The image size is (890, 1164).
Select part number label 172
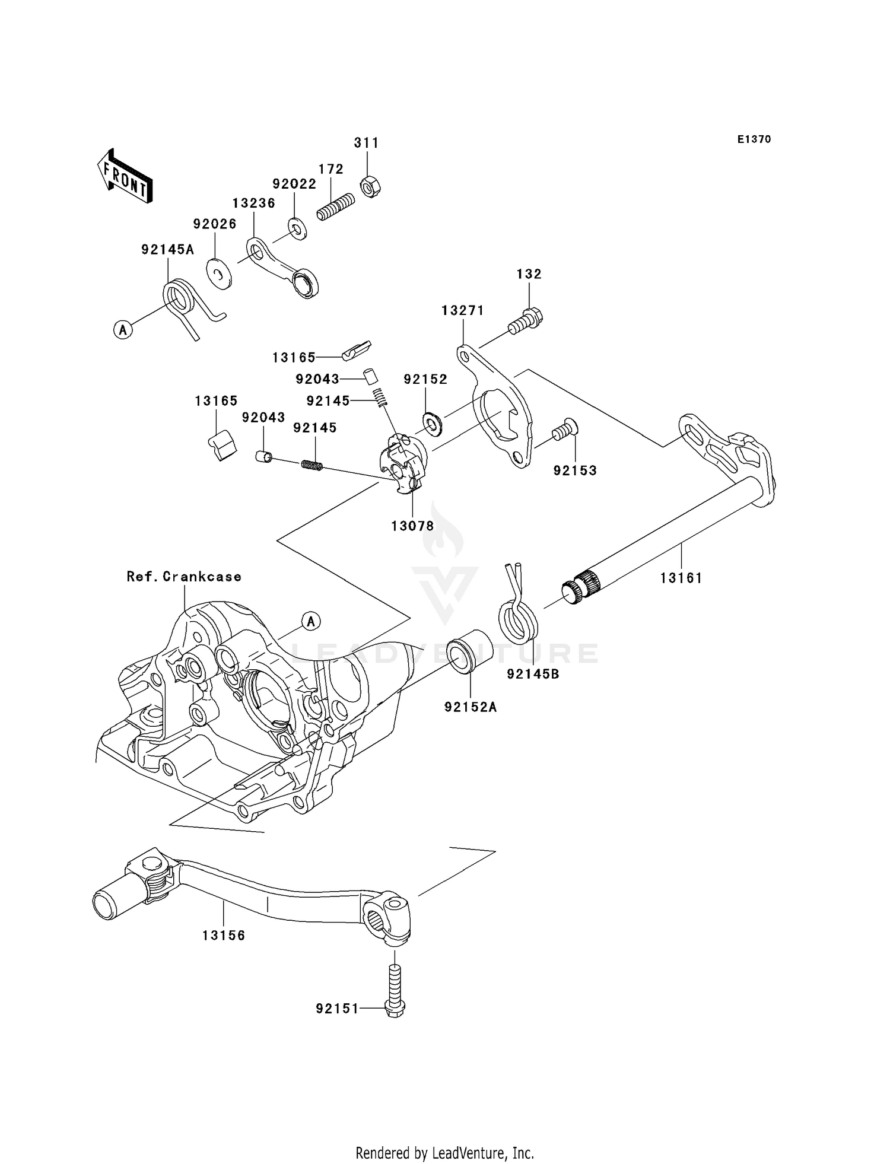[x=331, y=169]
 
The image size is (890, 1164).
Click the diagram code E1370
[x=754, y=139]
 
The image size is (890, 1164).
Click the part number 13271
[x=462, y=310]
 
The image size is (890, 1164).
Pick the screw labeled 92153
[x=564, y=429]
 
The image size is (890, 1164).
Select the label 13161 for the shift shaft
[x=681, y=577]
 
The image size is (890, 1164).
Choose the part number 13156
[x=224, y=936]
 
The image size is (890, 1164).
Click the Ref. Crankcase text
[x=184, y=577]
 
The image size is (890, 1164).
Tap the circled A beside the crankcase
[x=311, y=621]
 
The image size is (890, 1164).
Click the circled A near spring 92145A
[x=123, y=329]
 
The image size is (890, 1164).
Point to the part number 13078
[x=412, y=526]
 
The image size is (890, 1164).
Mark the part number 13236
[x=253, y=203]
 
